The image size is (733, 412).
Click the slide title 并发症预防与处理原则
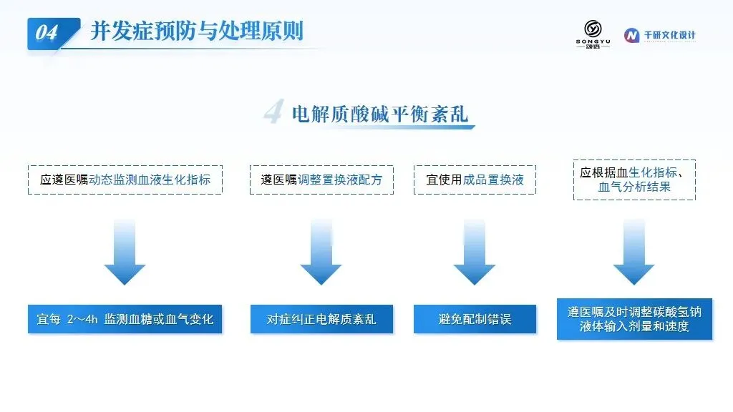(x=196, y=31)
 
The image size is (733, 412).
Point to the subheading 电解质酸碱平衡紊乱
(x=380, y=114)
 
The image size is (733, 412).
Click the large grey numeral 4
(x=273, y=112)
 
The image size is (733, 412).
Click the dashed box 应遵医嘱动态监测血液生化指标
(x=125, y=180)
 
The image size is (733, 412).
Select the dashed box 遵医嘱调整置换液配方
(x=321, y=180)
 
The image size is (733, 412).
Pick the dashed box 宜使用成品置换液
(x=475, y=180)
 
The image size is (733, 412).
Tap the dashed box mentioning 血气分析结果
(x=634, y=180)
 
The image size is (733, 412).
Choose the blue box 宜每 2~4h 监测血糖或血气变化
(x=125, y=318)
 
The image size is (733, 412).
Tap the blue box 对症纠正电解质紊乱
(x=321, y=318)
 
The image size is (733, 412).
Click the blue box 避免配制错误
(x=475, y=318)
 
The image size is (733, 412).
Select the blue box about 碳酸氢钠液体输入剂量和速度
(x=634, y=319)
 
